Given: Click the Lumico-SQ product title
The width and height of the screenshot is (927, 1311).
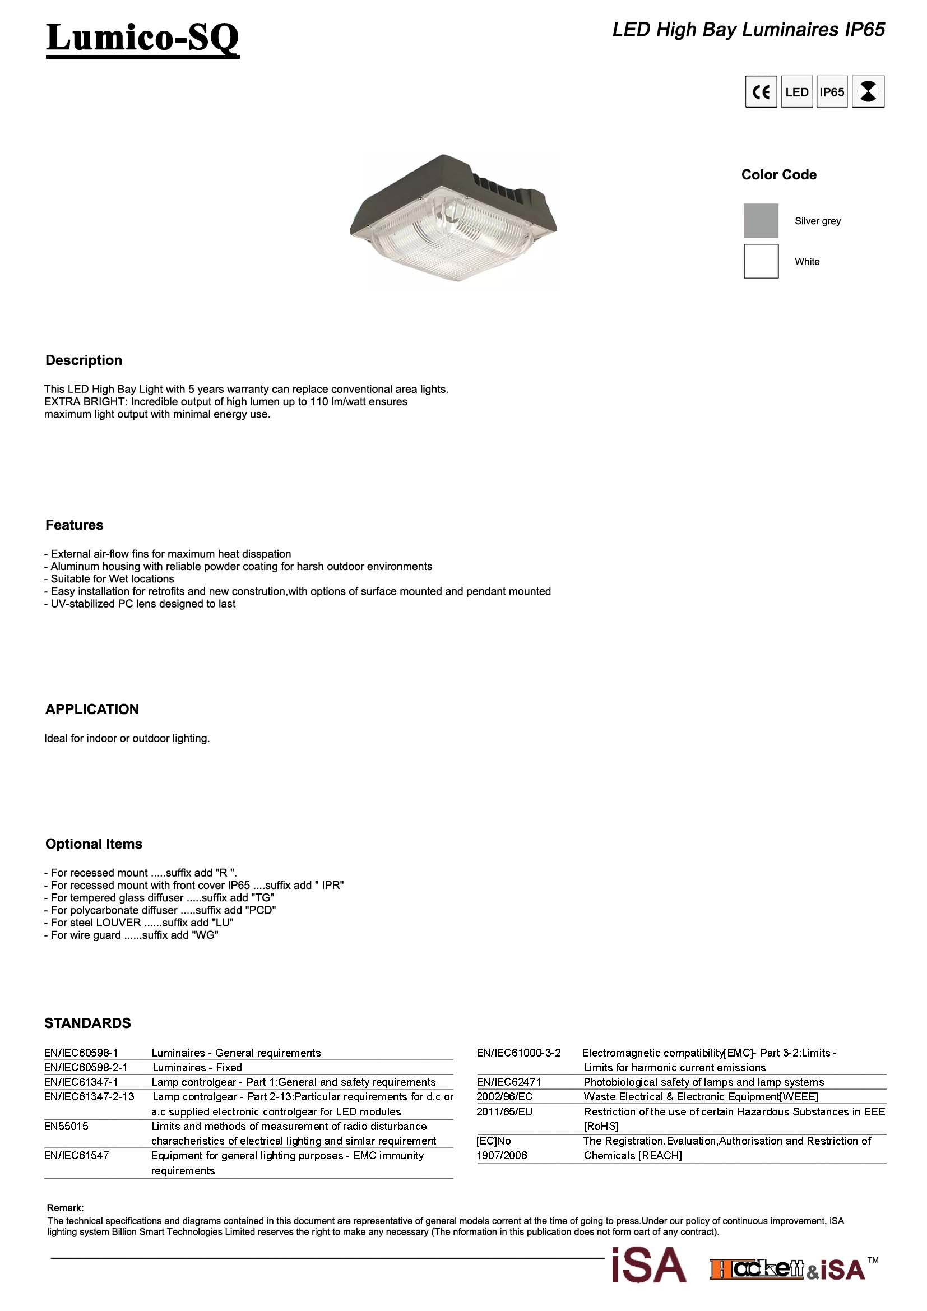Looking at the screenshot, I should click(x=142, y=38).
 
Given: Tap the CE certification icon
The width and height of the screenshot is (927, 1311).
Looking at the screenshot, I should click(x=761, y=92).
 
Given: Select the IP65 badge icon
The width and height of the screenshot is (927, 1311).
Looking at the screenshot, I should click(x=832, y=92).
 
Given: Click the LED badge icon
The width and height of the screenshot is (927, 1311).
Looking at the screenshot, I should click(x=796, y=92).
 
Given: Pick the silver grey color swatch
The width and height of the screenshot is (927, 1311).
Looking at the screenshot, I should click(x=761, y=220).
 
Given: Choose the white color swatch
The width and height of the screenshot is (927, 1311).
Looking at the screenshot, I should click(x=761, y=261).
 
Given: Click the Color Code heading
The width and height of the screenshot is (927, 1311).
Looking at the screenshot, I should click(x=778, y=175).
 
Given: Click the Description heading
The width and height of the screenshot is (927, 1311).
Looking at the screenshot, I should click(x=84, y=360).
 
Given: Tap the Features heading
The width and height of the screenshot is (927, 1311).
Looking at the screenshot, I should click(x=74, y=525).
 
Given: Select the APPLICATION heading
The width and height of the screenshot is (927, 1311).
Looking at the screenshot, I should click(x=92, y=709).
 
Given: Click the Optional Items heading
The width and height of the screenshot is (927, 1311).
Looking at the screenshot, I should click(x=94, y=844).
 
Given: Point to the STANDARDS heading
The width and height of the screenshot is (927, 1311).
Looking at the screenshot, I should click(x=87, y=1023).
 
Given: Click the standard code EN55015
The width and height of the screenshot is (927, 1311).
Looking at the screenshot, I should click(x=66, y=1127).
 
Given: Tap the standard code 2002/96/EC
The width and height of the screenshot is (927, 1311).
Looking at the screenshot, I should click(x=504, y=1096).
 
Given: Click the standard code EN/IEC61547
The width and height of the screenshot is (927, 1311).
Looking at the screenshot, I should click(x=76, y=1155).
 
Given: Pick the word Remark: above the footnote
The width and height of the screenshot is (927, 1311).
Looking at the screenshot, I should click(x=65, y=1208).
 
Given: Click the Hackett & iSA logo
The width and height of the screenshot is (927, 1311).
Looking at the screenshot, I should click(x=787, y=1269).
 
